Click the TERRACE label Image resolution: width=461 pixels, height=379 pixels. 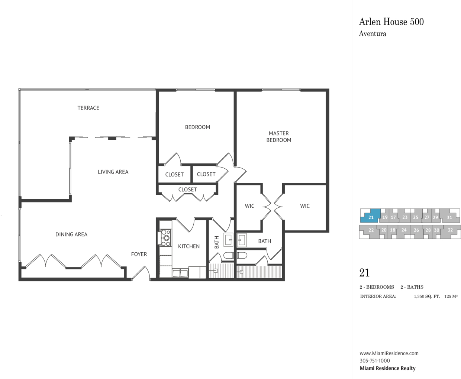88,108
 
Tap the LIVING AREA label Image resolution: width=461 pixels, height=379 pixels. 113,172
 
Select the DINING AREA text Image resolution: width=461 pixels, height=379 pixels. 71,234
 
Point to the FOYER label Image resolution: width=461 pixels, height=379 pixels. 139,254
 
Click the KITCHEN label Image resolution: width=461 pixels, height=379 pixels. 189,246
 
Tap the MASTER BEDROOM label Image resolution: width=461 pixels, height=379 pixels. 279,136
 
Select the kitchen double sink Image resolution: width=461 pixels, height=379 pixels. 180,273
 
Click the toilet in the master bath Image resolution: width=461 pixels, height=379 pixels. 242,255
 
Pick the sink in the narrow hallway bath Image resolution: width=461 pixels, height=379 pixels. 229,240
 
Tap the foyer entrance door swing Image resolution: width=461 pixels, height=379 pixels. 141,273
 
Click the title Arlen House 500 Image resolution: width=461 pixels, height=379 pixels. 391,22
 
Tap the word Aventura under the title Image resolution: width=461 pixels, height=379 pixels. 373,34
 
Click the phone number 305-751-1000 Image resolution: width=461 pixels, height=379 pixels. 375,361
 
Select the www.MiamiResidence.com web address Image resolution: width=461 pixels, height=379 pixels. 389,353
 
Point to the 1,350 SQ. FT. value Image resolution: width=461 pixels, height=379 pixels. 427,297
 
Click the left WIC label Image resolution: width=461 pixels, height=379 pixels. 249,206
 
